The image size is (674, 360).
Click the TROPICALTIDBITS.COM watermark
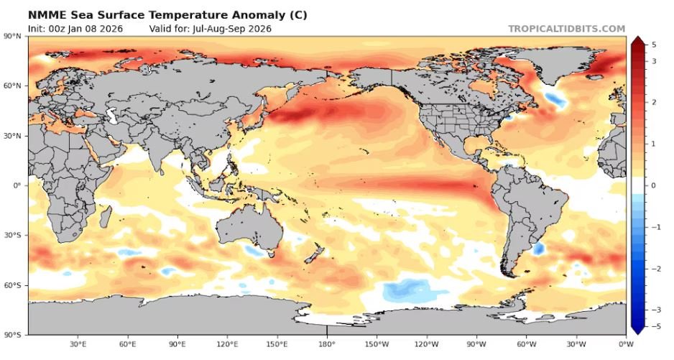566,29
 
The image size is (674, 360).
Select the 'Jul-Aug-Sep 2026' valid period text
237,29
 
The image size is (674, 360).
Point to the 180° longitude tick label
327,344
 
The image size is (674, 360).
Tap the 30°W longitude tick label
576,344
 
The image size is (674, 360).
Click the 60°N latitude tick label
13,86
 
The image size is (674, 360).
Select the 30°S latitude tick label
13,235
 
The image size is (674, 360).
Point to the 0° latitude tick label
18,185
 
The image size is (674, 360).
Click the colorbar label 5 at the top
654,45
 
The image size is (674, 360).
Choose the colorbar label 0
654,185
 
